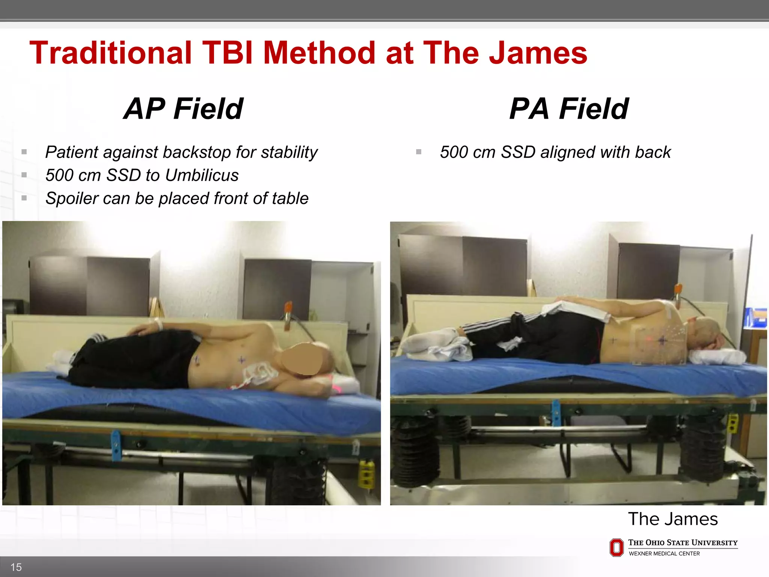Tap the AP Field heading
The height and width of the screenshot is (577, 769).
click(184, 109)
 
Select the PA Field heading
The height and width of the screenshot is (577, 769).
click(568, 109)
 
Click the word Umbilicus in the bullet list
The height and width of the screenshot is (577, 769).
click(202, 175)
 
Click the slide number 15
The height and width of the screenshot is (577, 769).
click(16, 567)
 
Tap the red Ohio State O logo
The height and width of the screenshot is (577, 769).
click(617, 547)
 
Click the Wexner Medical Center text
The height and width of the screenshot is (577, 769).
click(664, 554)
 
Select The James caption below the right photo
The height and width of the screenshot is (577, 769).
click(672, 519)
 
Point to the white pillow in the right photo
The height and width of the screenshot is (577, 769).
click(717, 356)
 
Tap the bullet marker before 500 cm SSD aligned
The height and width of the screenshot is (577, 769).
click(419, 152)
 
